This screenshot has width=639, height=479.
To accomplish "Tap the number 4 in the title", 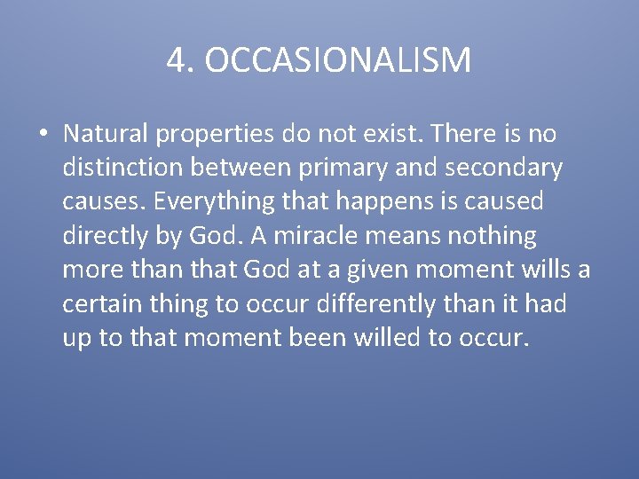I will tap(175, 60).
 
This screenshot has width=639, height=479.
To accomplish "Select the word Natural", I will tap(106, 134).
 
